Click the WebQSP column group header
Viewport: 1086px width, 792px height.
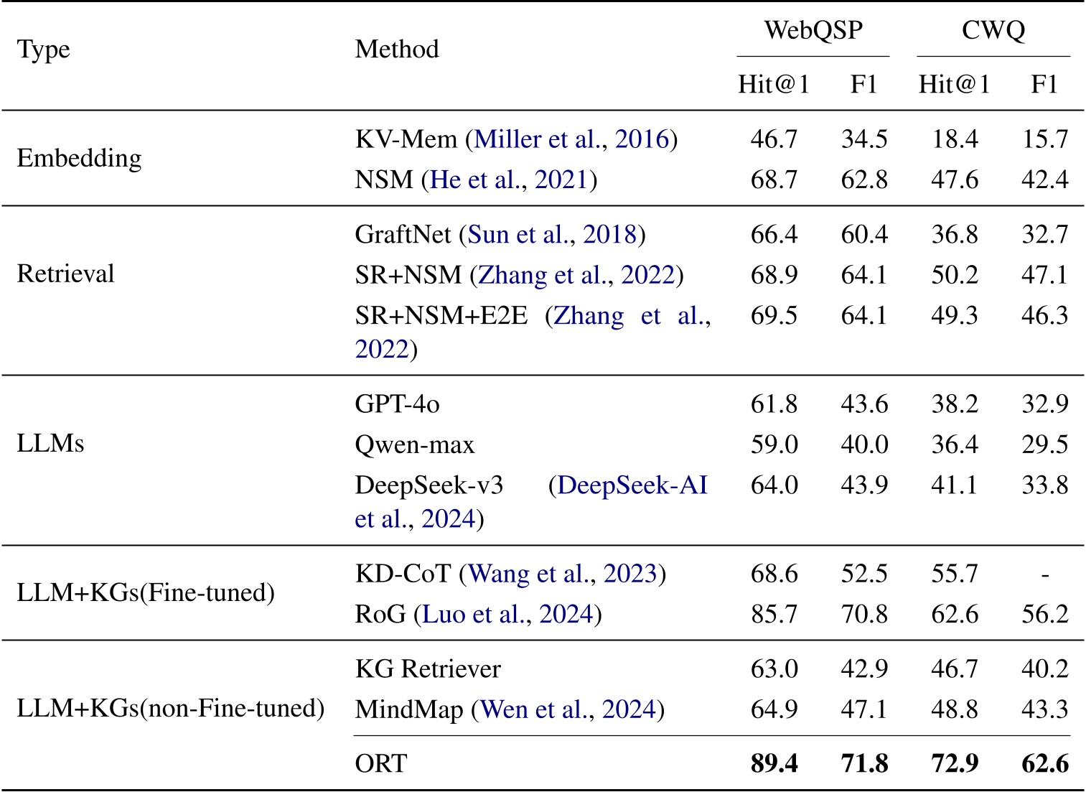(x=813, y=30)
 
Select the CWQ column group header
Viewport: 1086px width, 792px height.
(x=993, y=30)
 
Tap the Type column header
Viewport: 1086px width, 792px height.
(x=44, y=50)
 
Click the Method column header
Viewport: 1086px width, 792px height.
(x=396, y=50)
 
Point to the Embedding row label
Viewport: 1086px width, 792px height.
(x=79, y=158)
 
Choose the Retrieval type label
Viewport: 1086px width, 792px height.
(x=65, y=274)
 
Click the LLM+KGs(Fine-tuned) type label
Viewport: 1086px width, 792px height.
(x=146, y=593)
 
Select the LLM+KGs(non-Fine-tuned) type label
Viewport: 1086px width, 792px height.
(x=170, y=709)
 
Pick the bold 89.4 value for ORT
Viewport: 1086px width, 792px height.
(x=774, y=763)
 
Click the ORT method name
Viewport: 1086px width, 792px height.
(x=380, y=763)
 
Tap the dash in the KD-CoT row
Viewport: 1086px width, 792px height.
(x=1044, y=574)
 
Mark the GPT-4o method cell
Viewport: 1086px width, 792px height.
(x=397, y=404)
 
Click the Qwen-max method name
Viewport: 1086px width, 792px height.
(x=414, y=445)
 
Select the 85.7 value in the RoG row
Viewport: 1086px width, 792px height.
(x=774, y=615)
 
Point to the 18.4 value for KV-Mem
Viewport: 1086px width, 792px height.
(x=954, y=139)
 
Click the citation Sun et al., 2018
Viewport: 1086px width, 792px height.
(x=552, y=235)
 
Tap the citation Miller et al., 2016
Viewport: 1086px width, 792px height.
(x=571, y=139)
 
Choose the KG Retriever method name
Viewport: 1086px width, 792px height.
(x=428, y=669)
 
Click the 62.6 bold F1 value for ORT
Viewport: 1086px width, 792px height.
(x=1044, y=763)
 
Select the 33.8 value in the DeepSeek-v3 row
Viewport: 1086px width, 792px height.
(x=1044, y=485)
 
